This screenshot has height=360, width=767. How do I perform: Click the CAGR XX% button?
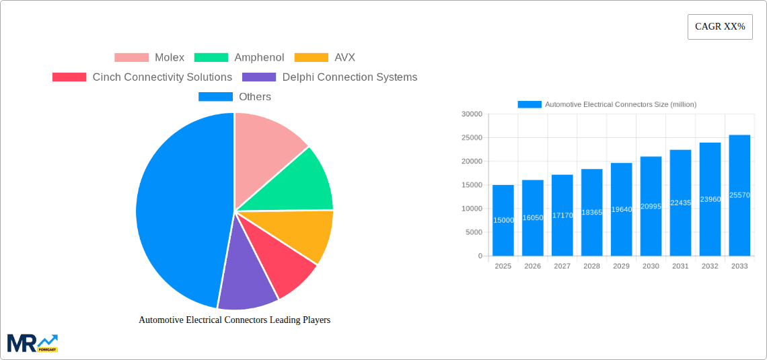pos(720,27)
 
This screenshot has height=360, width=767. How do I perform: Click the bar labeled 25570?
pos(739,195)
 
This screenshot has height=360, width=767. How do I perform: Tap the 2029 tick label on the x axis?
pos(621,266)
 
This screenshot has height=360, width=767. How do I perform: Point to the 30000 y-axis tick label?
pos(471,114)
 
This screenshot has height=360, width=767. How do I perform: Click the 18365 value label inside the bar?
pos(592,212)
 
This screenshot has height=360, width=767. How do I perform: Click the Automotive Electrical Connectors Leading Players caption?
pos(234,320)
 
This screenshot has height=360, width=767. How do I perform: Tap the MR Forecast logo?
pos(32,343)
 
